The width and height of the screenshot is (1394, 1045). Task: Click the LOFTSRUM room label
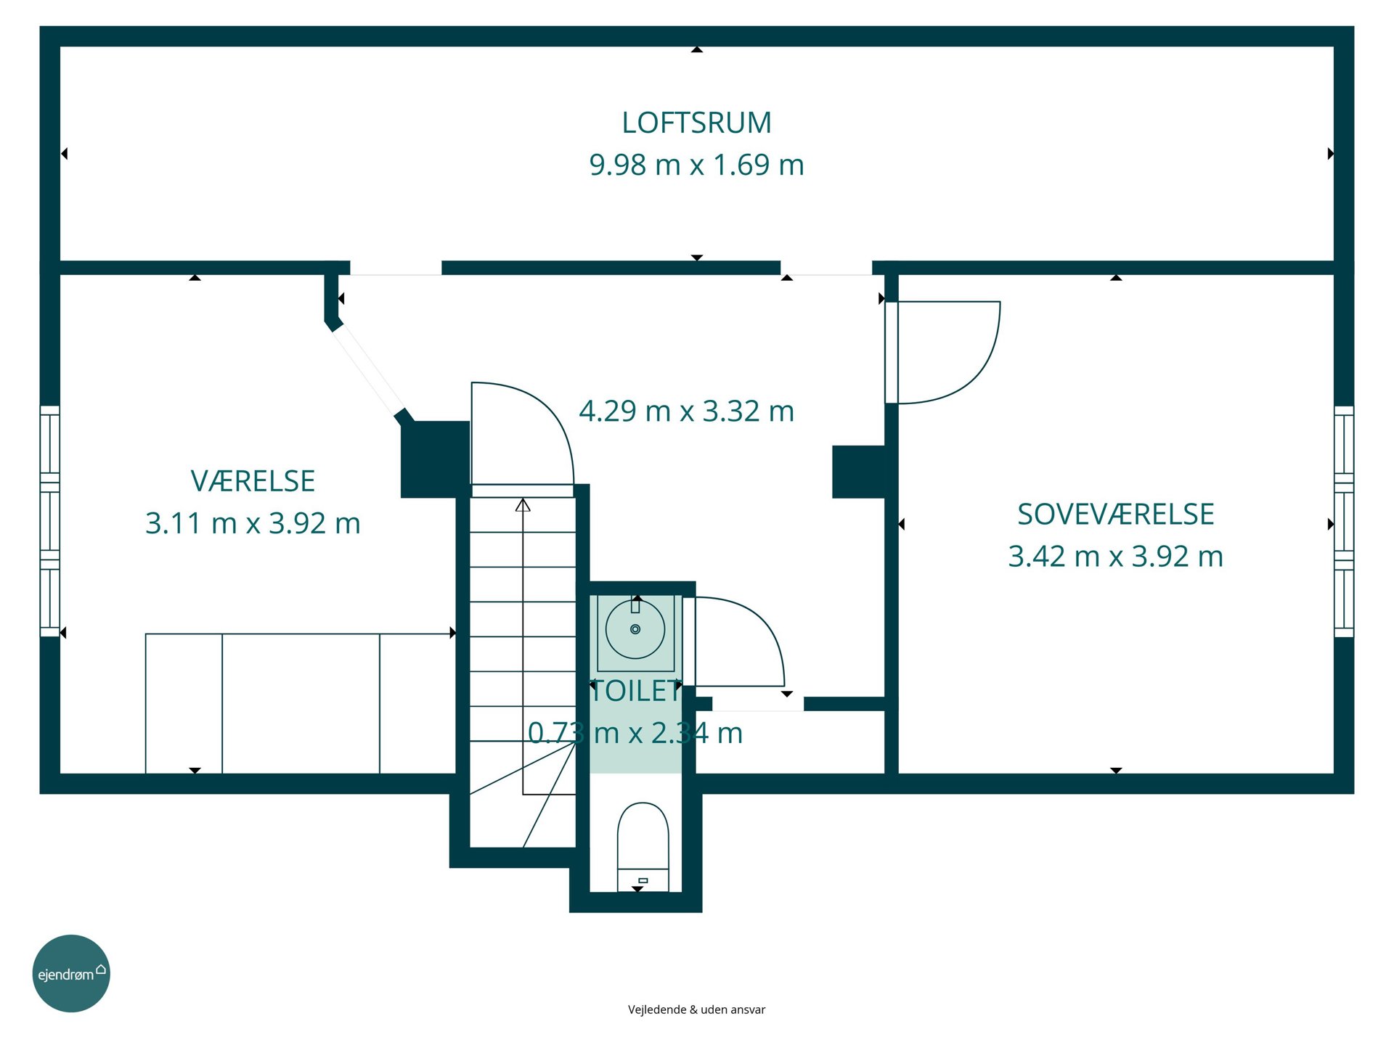pyautogui.click(x=696, y=123)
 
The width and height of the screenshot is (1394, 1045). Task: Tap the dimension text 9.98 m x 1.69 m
pyautogui.click(x=696, y=165)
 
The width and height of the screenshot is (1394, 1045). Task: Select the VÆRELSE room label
pyautogui.click(x=253, y=481)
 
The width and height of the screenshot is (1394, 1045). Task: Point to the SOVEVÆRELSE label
pyautogui.click(x=1116, y=515)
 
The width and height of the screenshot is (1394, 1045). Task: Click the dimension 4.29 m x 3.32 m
pyautogui.click(x=686, y=411)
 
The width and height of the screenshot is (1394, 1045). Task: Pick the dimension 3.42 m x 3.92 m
pyautogui.click(x=1116, y=557)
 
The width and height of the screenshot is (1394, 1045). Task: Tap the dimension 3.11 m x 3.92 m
pyautogui.click(x=253, y=523)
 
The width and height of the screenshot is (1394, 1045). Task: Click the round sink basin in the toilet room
pyautogui.click(x=635, y=629)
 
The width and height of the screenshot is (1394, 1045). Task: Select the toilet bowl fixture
pyautogui.click(x=643, y=845)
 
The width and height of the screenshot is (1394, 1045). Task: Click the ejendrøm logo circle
pyautogui.click(x=71, y=973)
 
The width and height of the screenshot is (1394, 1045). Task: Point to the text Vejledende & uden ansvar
pyautogui.click(x=696, y=1009)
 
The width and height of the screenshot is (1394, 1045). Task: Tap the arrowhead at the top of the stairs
pyautogui.click(x=523, y=504)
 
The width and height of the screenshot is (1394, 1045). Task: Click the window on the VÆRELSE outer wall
pyautogui.click(x=49, y=521)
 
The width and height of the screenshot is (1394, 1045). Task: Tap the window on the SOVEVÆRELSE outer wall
pyautogui.click(x=1344, y=521)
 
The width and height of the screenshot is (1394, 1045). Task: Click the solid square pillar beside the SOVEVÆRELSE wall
pyautogui.click(x=858, y=472)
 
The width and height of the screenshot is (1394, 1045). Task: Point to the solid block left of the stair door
pyautogui.click(x=435, y=459)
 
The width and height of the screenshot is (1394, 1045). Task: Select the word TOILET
pyautogui.click(x=636, y=691)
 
